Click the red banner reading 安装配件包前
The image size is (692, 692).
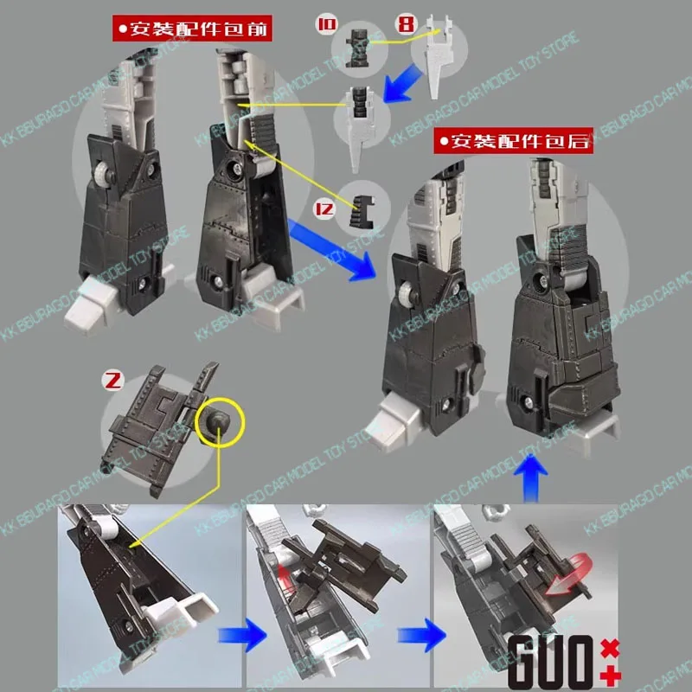(x=187, y=29)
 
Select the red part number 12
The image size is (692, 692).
(x=324, y=207)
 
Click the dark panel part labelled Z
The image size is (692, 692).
(x=160, y=415)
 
